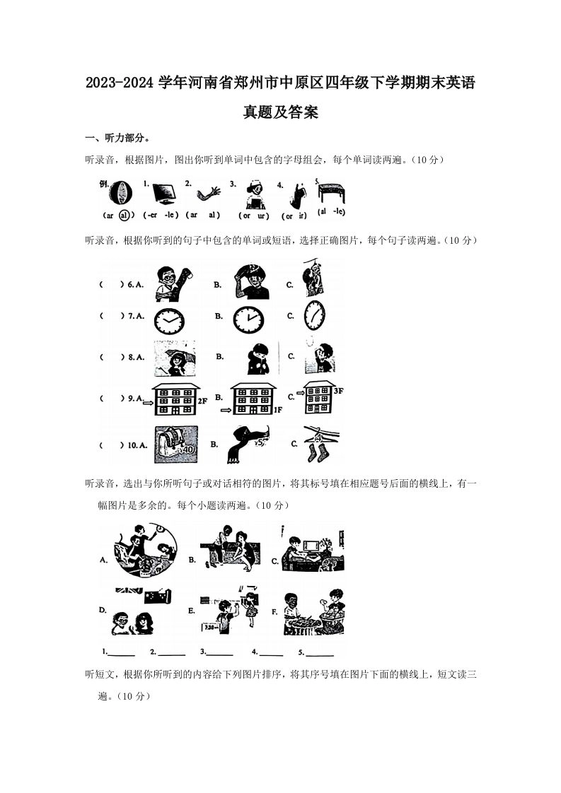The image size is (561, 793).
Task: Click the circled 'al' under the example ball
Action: pyautogui.click(x=125, y=215)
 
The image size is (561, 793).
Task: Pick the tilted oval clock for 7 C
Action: pyautogui.click(x=314, y=315)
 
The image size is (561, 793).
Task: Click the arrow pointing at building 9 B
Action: pyautogui.click(x=226, y=409)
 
